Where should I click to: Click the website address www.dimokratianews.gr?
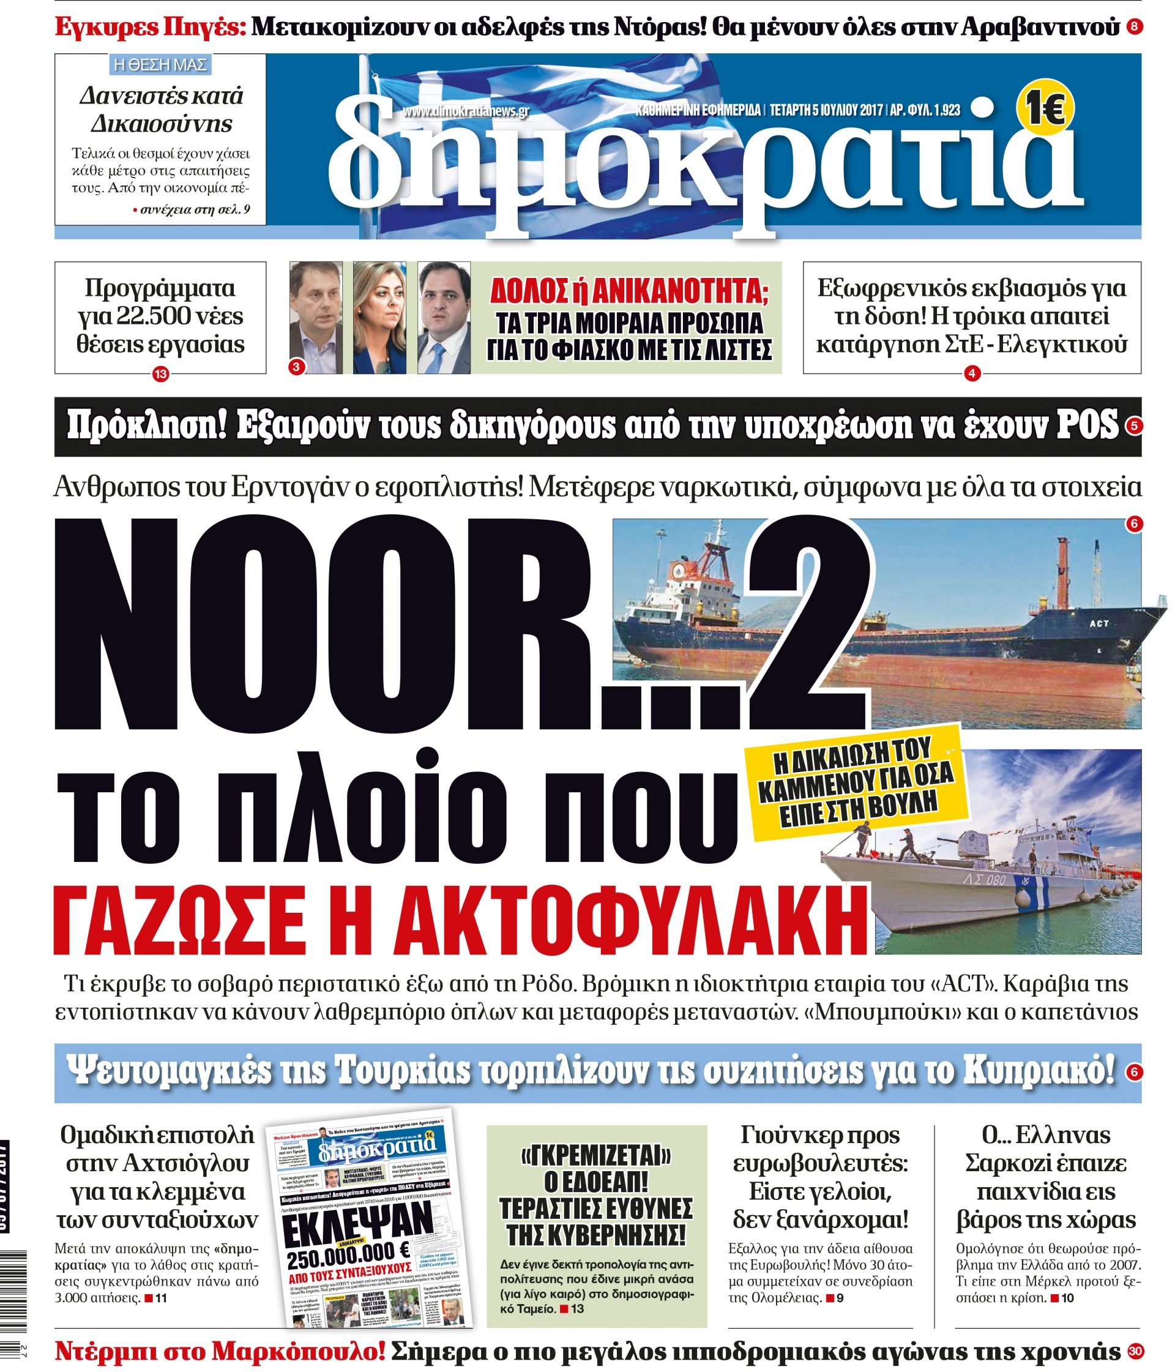(x=464, y=111)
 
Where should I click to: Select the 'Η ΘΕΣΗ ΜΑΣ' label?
(x=160, y=65)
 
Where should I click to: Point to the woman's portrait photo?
(x=379, y=318)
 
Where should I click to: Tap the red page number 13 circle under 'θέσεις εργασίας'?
(x=161, y=374)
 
